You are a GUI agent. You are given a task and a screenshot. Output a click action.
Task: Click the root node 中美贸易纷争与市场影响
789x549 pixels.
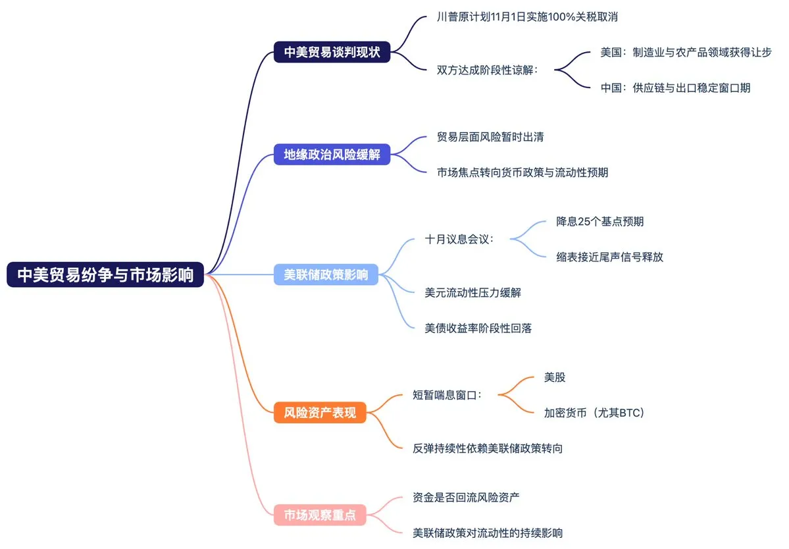tap(105, 275)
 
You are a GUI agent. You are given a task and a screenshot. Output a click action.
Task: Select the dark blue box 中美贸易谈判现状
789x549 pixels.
tap(332, 52)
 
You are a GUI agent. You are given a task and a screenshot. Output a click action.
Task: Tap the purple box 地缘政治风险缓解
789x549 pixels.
tap(332, 155)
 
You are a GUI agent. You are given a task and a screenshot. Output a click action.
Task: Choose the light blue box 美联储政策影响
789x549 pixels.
tap(326, 275)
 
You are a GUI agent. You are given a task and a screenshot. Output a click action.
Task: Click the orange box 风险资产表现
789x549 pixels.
tap(320, 413)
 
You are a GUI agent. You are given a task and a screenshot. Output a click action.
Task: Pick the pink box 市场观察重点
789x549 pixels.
tap(320, 515)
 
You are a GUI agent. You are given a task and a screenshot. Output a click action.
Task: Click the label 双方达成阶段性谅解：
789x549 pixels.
tap(488, 69)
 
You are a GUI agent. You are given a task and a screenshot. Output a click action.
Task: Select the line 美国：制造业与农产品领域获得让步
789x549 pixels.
tap(686, 52)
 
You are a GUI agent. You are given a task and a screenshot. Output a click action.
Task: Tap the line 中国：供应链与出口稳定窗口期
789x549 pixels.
tap(675, 87)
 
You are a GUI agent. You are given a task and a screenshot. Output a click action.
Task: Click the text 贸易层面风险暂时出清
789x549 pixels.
tap(490, 138)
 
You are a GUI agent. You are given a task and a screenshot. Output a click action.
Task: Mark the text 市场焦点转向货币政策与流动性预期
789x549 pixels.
tap(522, 172)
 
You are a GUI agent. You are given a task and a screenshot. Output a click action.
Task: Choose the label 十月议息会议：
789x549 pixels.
tap(459, 238)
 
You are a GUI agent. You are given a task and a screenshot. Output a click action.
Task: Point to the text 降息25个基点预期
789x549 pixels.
tap(599, 221)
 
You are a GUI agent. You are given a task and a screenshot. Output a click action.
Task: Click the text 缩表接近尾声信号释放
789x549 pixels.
tap(609, 257)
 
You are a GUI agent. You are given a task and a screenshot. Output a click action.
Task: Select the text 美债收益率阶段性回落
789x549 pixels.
tap(478, 327)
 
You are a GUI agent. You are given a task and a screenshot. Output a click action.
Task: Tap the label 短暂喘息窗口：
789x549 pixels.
tap(447, 395)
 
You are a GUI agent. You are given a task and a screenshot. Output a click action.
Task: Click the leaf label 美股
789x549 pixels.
tap(555, 378)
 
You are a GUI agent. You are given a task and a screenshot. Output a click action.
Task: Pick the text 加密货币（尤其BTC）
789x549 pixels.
tap(594, 413)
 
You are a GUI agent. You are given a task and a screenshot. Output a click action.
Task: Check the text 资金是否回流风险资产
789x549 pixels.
tap(466, 498)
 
